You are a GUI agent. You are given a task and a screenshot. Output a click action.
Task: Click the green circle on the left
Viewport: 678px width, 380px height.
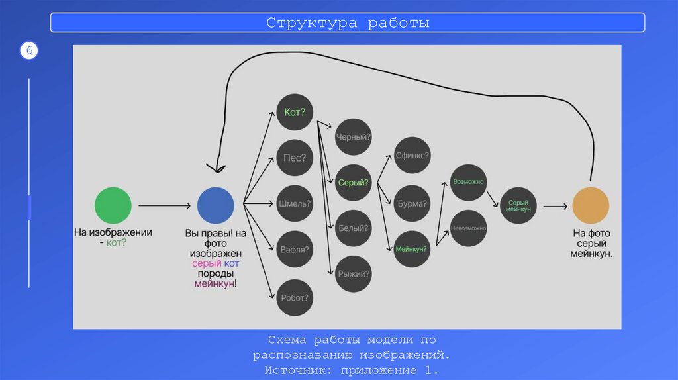(113, 205)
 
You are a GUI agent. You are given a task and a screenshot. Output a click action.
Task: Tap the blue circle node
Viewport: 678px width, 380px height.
(216, 205)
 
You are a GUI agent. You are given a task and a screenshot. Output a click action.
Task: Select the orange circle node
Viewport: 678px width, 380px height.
(591, 205)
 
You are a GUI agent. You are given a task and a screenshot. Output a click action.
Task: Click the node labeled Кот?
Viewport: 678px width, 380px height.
(295, 113)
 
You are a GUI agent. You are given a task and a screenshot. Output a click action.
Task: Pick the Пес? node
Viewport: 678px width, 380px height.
(295, 158)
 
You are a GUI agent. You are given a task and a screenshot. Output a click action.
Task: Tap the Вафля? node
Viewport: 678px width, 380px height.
(295, 250)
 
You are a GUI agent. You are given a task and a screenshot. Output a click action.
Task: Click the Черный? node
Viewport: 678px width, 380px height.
(354, 136)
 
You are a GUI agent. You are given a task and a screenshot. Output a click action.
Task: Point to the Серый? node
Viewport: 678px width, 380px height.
(354, 182)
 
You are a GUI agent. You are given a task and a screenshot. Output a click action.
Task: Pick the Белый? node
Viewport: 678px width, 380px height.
(354, 228)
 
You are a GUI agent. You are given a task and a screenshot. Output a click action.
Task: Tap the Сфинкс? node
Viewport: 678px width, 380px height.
(412, 156)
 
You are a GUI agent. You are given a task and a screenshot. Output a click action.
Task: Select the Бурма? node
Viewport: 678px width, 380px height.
(412, 203)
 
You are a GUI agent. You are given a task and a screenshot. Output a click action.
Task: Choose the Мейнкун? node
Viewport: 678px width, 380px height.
(412, 250)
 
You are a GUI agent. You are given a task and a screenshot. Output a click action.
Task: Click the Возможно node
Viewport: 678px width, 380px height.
(469, 181)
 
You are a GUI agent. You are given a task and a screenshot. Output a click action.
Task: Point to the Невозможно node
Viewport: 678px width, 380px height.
(469, 228)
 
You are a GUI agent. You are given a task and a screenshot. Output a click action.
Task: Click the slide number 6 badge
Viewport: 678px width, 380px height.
(29, 51)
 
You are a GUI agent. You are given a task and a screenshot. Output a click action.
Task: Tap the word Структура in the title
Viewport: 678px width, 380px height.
(307, 23)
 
